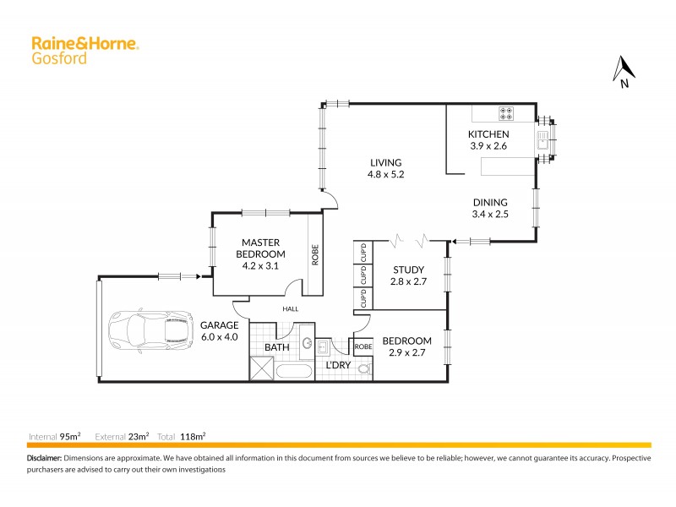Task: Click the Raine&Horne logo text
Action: tap(84, 42)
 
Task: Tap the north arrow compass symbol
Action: tap(623, 71)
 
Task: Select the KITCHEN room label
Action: tap(488, 134)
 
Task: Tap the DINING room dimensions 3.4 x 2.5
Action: tap(489, 215)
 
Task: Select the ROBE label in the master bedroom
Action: tap(314, 256)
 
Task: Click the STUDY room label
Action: tap(408, 270)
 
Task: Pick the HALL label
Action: tap(291, 309)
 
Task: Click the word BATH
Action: tap(276, 346)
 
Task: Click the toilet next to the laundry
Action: tap(364, 367)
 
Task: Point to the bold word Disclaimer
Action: tap(44, 457)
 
